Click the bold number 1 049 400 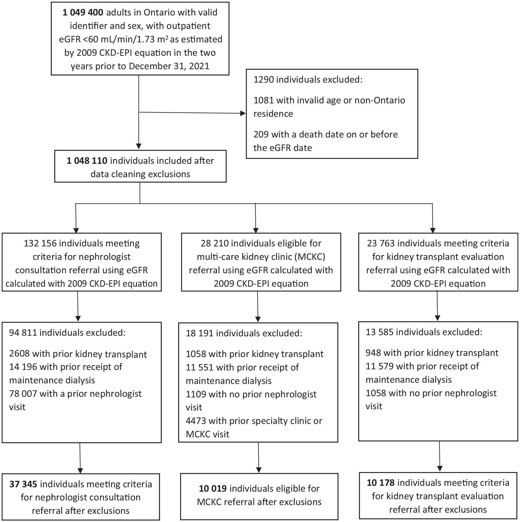tap(83, 13)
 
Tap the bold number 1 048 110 tap(87, 161)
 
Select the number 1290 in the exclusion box tap(263, 79)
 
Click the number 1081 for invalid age tap(263, 100)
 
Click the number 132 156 tap(41, 243)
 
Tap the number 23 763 tap(381, 243)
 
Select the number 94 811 tap(23, 333)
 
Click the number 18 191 tap(200, 333)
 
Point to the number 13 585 tap(380, 332)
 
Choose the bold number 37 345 tap(23, 484)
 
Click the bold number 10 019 tap(213, 488)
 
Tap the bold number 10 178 tap(381, 483)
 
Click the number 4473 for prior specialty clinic tap(196, 421)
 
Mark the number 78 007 tap(23, 394)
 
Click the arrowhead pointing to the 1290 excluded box tap(243, 113)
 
